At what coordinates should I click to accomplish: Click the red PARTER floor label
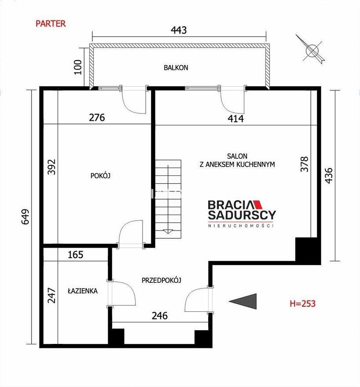[51, 24]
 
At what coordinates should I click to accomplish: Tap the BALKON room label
[176, 68]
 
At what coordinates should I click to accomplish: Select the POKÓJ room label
[100, 175]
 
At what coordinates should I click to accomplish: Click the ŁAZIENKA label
[83, 291]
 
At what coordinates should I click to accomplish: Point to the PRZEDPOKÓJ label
[162, 280]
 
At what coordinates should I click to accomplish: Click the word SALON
[237, 156]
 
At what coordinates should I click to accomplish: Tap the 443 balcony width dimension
[179, 30]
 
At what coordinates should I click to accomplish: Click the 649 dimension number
[25, 217]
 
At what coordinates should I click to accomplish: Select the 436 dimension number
[329, 175]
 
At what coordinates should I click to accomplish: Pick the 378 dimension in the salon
[305, 164]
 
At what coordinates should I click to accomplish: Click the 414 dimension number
[235, 119]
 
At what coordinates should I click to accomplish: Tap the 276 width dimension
[97, 117]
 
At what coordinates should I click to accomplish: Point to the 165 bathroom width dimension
[75, 255]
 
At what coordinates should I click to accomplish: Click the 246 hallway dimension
[159, 315]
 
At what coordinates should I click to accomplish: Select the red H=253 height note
[302, 303]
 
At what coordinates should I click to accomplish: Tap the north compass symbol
[312, 50]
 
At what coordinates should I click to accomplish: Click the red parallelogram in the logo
[258, 204]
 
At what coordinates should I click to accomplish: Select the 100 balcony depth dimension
[78, 67]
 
